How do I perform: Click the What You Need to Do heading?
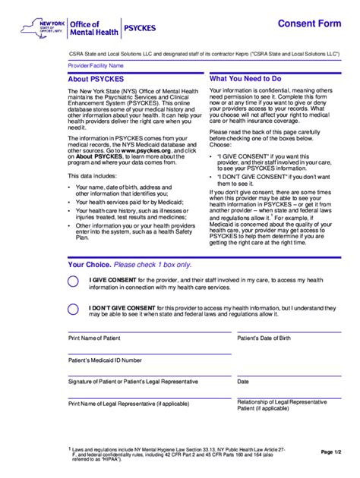click(245, 79)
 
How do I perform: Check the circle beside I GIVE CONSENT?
click(73, 281)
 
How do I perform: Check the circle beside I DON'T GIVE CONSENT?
click(73, 309)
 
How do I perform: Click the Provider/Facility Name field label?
click(95, 66)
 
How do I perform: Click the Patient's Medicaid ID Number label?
click(106, 360)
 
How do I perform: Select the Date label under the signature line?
click(243, 382)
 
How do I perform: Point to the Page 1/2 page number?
click(332, 451)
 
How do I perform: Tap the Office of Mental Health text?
click(90, 29)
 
